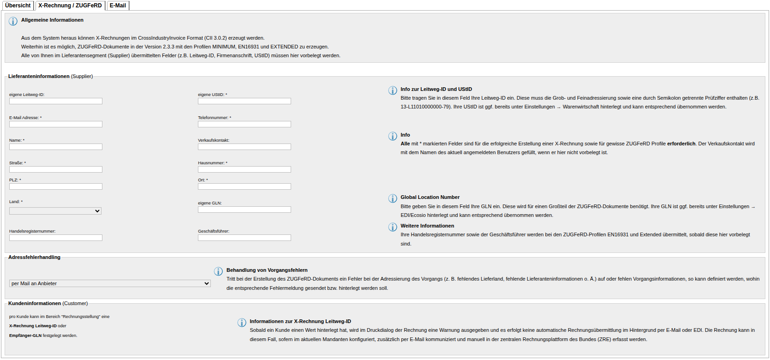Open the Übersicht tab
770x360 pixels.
click(x=18, y=6)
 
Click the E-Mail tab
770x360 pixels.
click(x=118, y=6)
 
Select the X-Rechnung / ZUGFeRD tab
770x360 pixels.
click(x=70, y=6)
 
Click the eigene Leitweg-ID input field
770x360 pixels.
click(x=56, y=101)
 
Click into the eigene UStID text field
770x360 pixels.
click(x=245, y=101)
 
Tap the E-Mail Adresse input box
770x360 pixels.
click(x=56, y=124)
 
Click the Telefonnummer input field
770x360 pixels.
click(x=245, y=124)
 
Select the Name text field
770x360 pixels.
click(x=56, y=147)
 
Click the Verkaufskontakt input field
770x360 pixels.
click(x=245, y=147)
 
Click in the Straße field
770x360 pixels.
click(x=56, y=169)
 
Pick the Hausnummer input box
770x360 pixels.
click(x=245, y=169)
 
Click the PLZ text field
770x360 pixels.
click(x=56, y=186)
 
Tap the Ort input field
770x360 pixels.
click(x=245, y=186)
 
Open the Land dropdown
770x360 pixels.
click(x=55, y=211)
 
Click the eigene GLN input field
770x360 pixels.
click(x=245, y=210)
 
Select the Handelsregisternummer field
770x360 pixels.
click(x=56, y=238)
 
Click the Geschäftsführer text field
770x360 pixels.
click(x=245, y=238)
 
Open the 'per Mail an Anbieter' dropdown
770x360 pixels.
click(x=110, y=283)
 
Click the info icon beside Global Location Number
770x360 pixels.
click(x=393, y=198)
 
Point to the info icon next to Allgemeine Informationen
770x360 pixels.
click(x=13, y=21)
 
